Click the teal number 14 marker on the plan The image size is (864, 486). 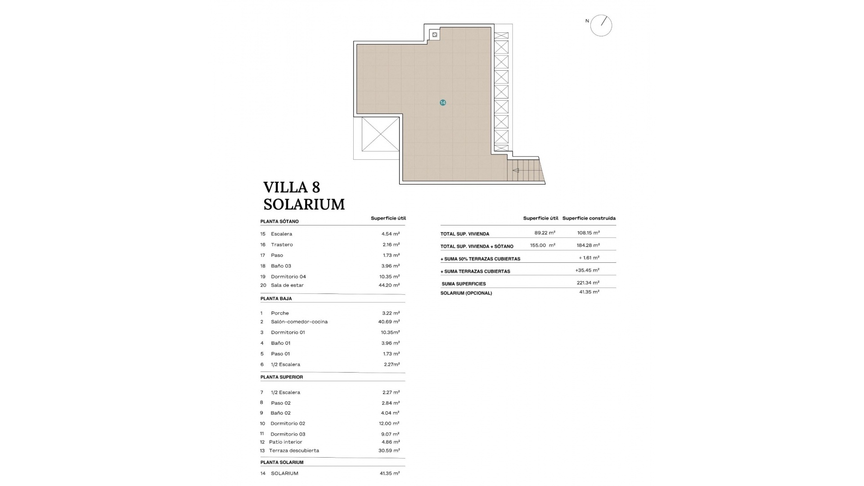coord(443,103)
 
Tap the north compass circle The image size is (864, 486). coord(601,26)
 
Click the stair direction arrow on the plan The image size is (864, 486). coord(516,171)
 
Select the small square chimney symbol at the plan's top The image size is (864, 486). coord(435,35)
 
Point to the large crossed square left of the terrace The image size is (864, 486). coord(380,134)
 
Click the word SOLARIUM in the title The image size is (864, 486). coord(304,204)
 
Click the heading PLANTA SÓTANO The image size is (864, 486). coord(279,221)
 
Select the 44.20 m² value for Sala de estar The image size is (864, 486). coord(389,285)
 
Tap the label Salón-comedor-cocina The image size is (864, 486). coord(299,322)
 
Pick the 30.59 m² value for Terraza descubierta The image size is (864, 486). coord(389,450)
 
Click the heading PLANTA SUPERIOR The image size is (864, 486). coord(282,377)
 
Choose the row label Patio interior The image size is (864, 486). coord(285,442)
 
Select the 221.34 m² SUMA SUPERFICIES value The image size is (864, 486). coord(588,283)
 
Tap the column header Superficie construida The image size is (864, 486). coord(589,218)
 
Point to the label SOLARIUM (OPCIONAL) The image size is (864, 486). coord(466,293)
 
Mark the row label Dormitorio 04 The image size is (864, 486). coord(288,277)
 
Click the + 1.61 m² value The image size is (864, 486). coord(589,258)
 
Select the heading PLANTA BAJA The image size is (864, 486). coord(276,298)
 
